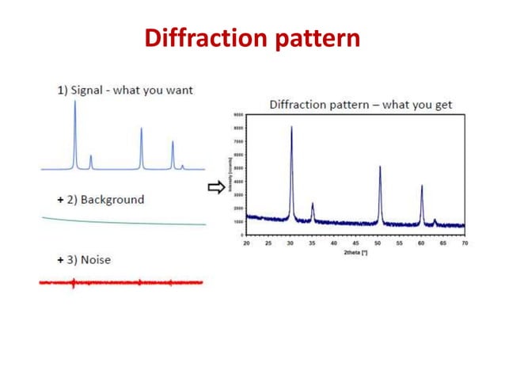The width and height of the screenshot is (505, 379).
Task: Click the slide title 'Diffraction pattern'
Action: pos(252,37)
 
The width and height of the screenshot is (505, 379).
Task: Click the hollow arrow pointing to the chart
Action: pos(215,187)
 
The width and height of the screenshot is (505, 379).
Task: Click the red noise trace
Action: pos(119,282)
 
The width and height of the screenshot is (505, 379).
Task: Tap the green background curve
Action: pos(119,223)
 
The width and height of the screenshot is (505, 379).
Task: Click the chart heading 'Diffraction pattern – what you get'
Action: pos(361,105)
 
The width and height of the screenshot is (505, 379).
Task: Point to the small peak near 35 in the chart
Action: pos(313,205)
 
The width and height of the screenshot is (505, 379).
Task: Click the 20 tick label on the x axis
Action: pos(246,243)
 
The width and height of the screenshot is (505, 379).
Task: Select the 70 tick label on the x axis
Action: pos(465,243)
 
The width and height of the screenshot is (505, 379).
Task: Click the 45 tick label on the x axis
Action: pos(355,243)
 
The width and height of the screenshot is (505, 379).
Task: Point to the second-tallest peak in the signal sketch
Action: pos(142,131)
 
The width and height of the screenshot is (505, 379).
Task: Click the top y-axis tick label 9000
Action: pos(238,115)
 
